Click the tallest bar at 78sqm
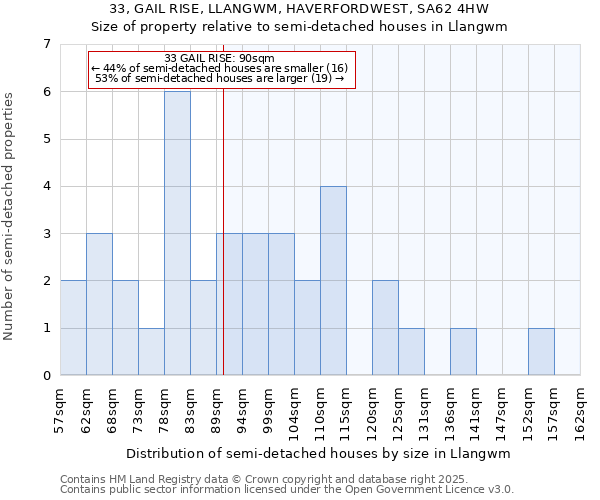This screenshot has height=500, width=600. tap(177, 233)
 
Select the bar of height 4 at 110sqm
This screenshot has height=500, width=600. tap(333, 280)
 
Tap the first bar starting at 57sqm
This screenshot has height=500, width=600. tap(73, 328)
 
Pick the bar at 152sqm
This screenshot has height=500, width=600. tap(541, 351)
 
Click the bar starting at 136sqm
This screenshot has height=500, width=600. tap(463, 351)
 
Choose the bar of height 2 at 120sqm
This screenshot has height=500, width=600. tap(385, 328)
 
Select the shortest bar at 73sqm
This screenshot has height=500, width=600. tap(151, 351)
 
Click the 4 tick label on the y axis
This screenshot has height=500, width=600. tap(46, 186)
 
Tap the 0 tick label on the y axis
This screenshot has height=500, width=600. tap(46, 376)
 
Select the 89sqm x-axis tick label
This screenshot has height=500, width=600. tap(217, 409)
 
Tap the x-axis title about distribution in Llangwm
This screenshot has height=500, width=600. tap(319, 453)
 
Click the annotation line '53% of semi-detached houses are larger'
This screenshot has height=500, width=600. tap(218, 77)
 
